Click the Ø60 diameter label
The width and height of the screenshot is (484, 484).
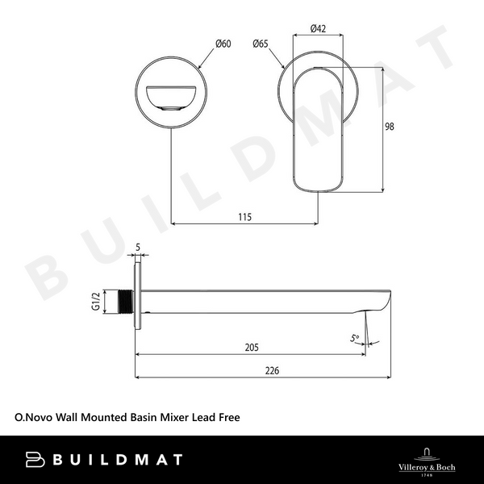coord(222,44)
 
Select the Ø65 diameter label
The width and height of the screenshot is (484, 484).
coord(260,44)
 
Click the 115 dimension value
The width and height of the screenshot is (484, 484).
coord(245,216)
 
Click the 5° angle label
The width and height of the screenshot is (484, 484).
coord(355,340)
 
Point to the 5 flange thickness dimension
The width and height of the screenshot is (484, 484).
coord(138,248)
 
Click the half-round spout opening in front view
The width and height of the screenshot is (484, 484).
coord(171,98)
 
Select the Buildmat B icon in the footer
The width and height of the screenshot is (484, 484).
coord(35,460)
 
